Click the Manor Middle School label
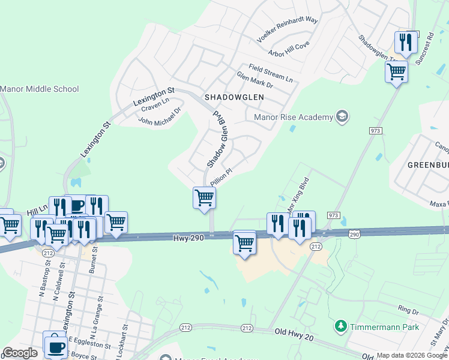point(40,89)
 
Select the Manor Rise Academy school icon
point(342,116)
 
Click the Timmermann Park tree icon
point(341,326)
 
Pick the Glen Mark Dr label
point(255,81)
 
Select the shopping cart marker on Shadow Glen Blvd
point(204,197)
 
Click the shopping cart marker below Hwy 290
point(244,243)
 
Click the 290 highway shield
point(355,233)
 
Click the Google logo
point(20,353)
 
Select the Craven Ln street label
point(155,104)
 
